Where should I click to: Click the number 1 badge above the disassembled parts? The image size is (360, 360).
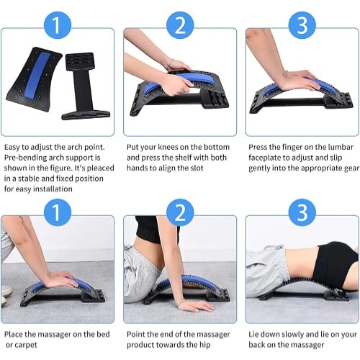[x=58, y=25]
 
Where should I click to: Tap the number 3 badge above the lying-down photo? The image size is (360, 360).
[x=302, y=212]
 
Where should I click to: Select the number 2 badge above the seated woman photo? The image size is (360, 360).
[x=180, y=212]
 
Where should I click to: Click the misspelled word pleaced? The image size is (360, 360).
[x=101, y=168]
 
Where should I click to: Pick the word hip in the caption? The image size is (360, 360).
[x=204, y=345]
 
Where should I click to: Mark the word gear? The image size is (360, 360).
[x=352, y=168]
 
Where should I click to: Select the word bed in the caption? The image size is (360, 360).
[x=103, y=334]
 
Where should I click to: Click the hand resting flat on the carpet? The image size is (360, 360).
[x=194, y=306]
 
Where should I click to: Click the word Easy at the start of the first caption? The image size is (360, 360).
[x=12, y=147]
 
